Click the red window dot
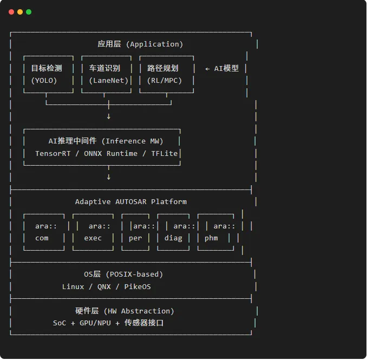(x=11, y=12)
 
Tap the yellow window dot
(x=20, y=12)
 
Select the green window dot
(x=29, y=12)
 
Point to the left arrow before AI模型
(x=207, y=69)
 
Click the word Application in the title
(x=154, y=44)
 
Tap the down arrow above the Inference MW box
(x=109, y=116)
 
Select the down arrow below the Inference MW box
(x=109, y=177)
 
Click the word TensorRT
(x=53, y=154)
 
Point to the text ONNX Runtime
(x=111, y=154)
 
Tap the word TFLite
(x=165, y=154)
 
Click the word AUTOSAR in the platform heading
(x=131, y=202)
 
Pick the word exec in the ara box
(x=93, y=238)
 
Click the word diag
(x=173, y=238)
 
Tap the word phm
(x=211, y=238)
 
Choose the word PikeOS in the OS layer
(x=137, y=287)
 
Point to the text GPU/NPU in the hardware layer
(x=95, y=323)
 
